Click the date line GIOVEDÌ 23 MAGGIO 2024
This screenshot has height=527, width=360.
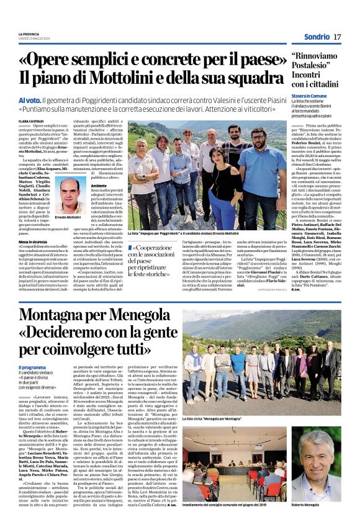(37, 38)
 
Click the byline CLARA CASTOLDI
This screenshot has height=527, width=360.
(32, 121)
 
